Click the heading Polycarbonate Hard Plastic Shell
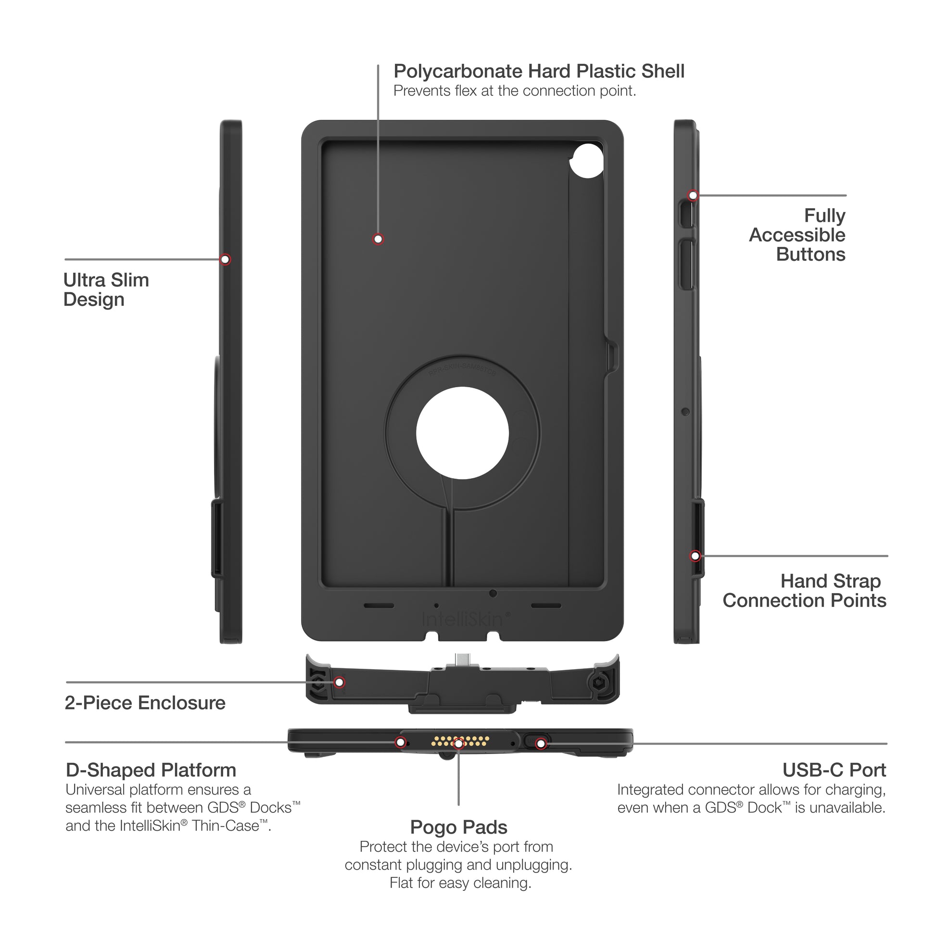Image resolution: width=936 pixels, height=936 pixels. [538, 72]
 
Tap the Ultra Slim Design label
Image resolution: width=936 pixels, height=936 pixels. [106, 290]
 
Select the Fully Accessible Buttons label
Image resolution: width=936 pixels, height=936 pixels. [797, 235]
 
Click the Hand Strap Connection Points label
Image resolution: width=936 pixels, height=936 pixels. [804, 591]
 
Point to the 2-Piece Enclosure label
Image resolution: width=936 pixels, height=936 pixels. [145, 703]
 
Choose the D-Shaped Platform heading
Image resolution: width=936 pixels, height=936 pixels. [151, 770]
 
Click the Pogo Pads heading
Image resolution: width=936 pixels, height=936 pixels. [458, 827]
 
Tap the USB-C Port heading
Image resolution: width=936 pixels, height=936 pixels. [834, 770]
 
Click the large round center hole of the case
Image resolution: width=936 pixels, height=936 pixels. [462, 433]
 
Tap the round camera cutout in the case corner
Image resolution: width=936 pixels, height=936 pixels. [586, 160]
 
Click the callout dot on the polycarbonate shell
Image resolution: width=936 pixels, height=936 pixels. [378, 239]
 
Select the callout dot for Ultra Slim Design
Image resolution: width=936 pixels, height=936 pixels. [225, 259]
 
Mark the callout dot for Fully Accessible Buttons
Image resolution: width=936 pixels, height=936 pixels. [693, 195]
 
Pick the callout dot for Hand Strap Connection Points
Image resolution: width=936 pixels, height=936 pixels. [695, 556]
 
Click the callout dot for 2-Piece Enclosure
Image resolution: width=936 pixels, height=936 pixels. [340, 682]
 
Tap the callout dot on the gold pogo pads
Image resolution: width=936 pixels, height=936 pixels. [458, 743]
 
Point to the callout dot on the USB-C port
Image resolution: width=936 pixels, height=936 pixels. [541, 743]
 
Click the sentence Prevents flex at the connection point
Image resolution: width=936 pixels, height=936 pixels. [514, 91]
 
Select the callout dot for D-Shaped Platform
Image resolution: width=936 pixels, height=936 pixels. [400, 742]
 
